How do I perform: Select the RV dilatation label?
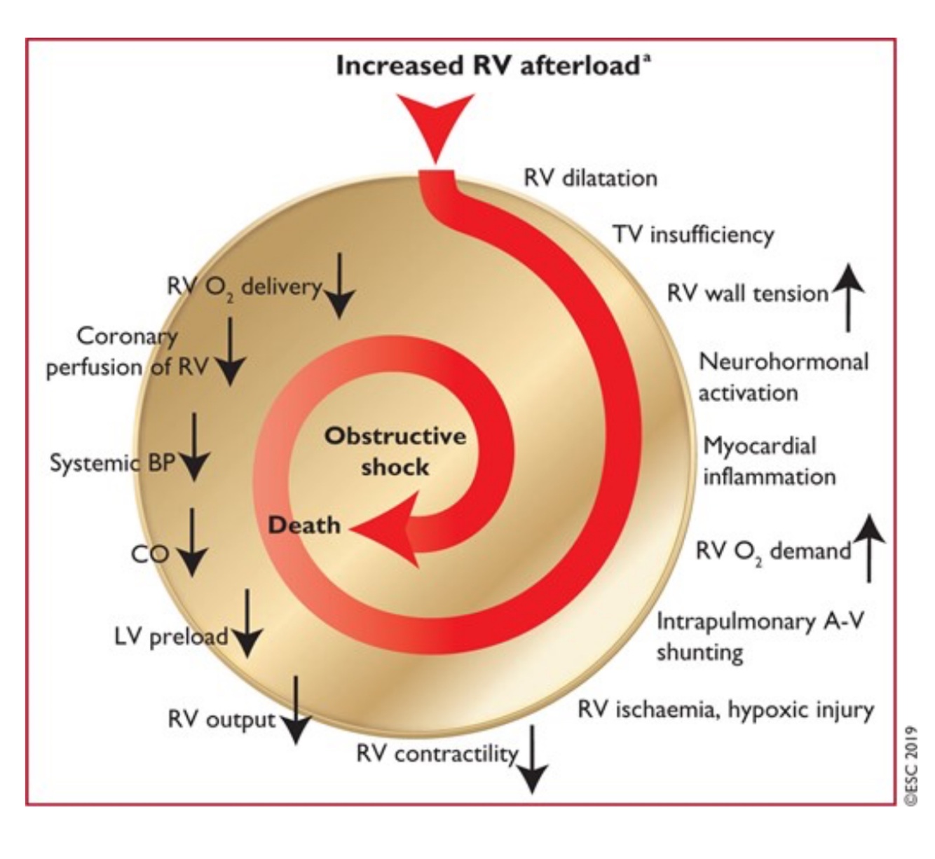(x=590, y=178)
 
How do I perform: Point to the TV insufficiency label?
(x=693, y=234)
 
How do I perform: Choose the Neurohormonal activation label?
(x=783, y=376)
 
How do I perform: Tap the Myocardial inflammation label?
(x=769, y=461)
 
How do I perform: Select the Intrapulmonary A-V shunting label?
(x=760, y=636)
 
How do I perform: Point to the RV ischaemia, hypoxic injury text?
(x=725, y=710)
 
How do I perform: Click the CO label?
(x=149, y=554)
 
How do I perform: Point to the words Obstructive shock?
(x=395, y=451)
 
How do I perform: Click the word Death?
(x=304, y=525)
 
